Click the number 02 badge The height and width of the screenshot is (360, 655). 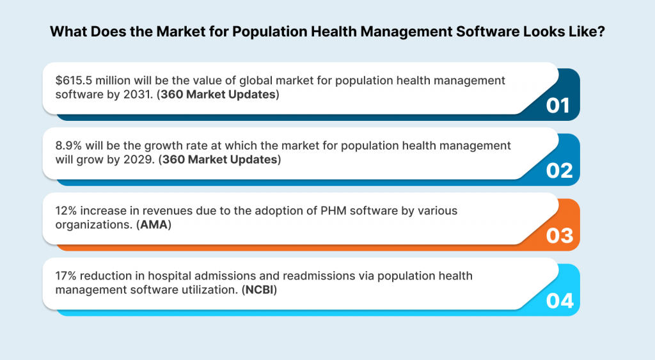point(558,171)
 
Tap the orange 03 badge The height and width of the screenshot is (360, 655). point(558,236)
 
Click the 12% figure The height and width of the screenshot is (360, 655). point(66,211)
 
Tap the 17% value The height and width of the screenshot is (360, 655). point(65,276)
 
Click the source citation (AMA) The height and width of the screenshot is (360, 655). point(154,224)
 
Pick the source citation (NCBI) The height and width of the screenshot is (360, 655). point(262,290)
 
